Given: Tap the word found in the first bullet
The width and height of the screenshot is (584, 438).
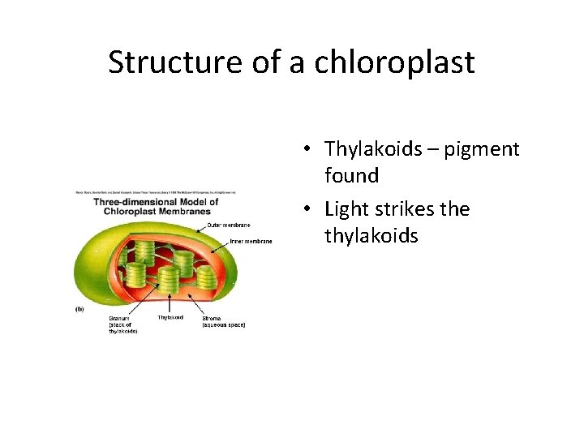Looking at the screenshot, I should (351, 175).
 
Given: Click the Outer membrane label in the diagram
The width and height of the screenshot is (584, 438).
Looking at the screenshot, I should (230, 225).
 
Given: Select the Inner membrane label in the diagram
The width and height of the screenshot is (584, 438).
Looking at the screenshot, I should (251, 241).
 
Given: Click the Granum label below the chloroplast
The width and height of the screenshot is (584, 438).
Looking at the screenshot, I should (120, 318).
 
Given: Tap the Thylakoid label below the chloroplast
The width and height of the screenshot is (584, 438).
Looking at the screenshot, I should (170, 317).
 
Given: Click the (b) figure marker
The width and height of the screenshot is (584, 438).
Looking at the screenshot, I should (79, 309).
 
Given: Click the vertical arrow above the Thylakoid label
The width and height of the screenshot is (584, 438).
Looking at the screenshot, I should (169, 303).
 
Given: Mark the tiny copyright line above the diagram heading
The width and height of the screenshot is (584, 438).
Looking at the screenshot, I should (154, 192).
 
